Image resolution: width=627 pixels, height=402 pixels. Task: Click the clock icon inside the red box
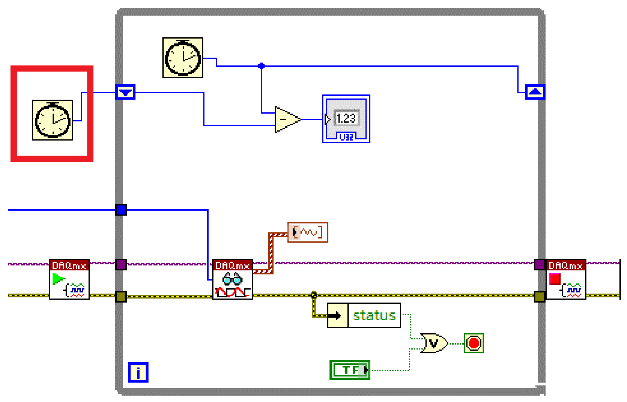52,120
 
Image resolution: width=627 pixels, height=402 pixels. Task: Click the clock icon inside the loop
183,58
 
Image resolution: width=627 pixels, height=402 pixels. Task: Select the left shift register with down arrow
125,92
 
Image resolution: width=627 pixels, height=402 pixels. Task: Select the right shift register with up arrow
535,92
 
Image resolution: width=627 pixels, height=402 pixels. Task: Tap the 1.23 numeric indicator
346,118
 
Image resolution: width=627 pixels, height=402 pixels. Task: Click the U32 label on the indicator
346,137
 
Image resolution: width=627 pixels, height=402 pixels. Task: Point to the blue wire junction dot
261,66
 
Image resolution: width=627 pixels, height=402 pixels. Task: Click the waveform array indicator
307,232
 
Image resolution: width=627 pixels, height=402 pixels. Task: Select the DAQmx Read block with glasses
232,279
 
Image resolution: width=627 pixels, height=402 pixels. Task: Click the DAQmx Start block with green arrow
69,279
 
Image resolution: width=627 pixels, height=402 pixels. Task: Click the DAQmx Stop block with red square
566,279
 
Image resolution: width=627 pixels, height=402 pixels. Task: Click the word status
374,315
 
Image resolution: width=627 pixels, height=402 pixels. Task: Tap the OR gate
433,343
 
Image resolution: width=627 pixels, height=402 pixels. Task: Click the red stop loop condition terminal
474,343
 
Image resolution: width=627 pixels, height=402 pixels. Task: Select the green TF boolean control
350,370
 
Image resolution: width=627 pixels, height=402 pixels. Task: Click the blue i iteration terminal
138,372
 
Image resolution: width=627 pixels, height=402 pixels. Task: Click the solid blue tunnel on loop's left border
121,210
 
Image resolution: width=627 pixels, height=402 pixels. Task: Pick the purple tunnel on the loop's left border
121,264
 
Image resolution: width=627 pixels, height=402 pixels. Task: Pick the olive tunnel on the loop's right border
539,297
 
